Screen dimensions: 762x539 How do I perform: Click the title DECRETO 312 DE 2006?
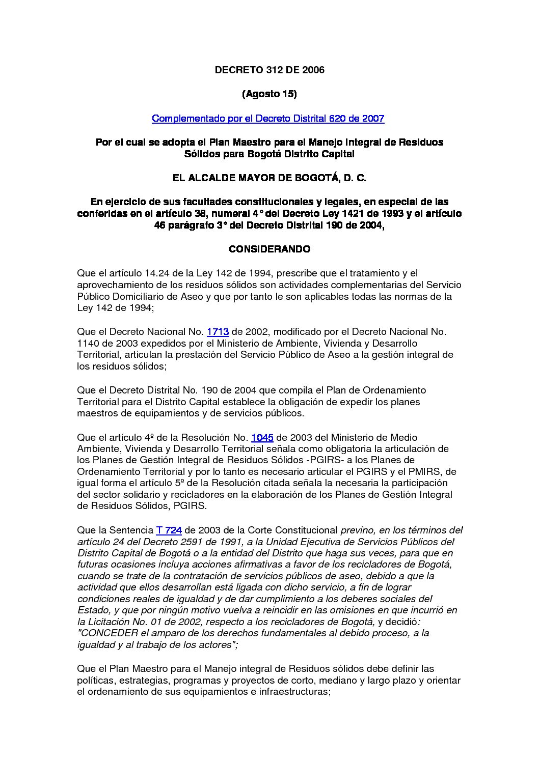click(x=269, y=70)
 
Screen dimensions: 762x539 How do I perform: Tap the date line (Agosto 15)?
click(x=269, y=94)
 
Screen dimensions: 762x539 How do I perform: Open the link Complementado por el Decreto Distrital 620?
click(x=268, y=119)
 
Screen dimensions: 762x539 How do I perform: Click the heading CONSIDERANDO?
click(x=269, y=249)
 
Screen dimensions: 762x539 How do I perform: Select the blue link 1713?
click(x=218, y=332)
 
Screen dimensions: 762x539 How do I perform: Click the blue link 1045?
click(x=262, y=437)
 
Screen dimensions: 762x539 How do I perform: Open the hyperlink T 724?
click(x=169, y=530)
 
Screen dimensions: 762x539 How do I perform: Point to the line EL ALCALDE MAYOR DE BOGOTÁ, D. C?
click(x=269, y=178)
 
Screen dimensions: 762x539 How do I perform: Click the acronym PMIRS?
click(x=428, y=472)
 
